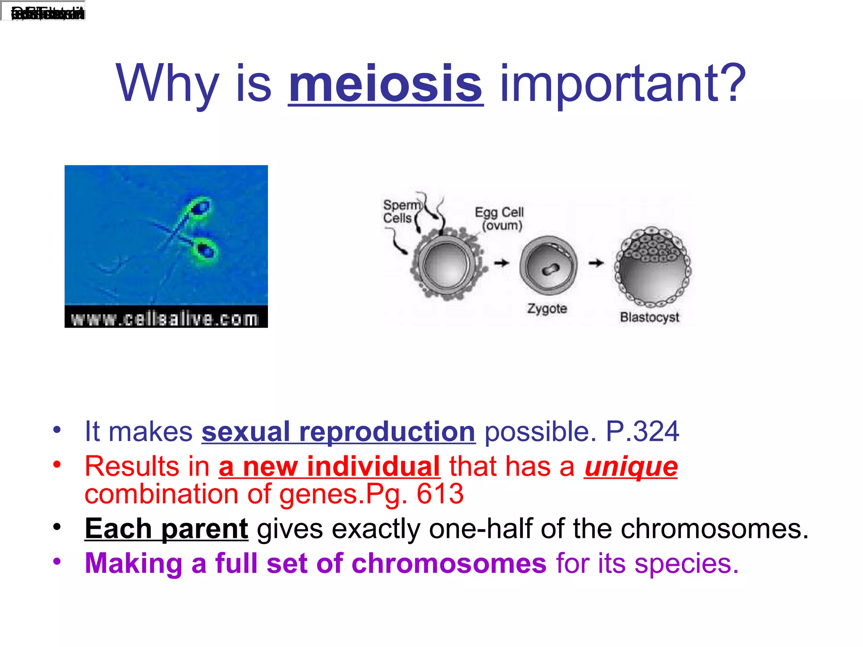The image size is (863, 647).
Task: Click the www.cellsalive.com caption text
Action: click(165, 319)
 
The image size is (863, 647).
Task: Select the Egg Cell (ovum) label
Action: click(500, 219)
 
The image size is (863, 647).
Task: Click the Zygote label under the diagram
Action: click(547, 309)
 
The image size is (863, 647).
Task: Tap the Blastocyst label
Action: click(649, 317)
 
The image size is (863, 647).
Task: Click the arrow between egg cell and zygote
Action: click(501, 263)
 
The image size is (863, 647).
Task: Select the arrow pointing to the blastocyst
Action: click(596, 263)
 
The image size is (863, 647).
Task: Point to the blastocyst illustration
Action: click(652, 266)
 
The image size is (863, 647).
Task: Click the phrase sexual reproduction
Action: click(338, 432)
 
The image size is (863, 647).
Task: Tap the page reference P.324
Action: click(642, 432)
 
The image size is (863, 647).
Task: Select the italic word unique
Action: click(631, 467)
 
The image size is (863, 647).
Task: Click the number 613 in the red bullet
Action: click(440, 494)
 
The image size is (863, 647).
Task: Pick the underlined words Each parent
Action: click(166, 529)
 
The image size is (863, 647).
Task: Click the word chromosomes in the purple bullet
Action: click(449, 564)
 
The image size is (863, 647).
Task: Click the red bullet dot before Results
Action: click(57, 465)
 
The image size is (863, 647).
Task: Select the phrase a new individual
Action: click(329, 467)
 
